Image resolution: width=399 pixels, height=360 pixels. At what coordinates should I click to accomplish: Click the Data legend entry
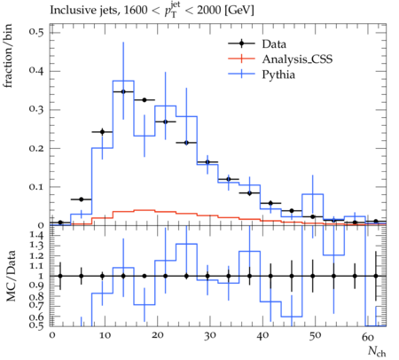click(x=274, y=44)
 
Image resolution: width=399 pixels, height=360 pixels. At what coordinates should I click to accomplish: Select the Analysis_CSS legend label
click(x=297, y=59)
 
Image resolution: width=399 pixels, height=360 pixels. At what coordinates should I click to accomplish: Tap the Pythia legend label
click(x=278, y=74)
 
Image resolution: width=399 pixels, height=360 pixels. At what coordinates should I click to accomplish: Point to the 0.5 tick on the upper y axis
click(x=36, y=31)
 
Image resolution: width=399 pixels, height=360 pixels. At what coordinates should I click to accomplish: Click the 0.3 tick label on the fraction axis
click(x=36, y=109)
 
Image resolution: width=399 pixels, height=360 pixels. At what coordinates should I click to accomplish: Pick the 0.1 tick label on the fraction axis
click(x=36, y=187)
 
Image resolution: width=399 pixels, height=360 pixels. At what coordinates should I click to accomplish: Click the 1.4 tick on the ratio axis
click(x=36, y=235)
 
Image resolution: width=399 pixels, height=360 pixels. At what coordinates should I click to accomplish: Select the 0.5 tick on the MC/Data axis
click(x=36, y=325)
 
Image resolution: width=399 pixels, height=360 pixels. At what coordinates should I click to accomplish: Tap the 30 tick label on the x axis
click(x=210, y=336)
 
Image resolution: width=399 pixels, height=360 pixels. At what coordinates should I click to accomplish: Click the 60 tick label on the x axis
click(x=368, y=336)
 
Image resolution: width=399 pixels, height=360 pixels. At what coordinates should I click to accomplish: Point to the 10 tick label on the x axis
click(x=105, y=336)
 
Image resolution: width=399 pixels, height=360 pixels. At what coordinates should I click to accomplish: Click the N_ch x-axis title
click(x=377, y=351)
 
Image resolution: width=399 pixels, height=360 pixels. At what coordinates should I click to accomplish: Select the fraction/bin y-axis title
click(x=8, y=56)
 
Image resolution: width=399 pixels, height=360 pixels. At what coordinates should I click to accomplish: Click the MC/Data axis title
click(x=11, y=276)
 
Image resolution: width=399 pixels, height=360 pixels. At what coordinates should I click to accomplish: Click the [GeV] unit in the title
click(x=239, y=11)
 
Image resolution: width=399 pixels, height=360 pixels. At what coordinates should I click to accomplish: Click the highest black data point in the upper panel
click(x=123, y=91)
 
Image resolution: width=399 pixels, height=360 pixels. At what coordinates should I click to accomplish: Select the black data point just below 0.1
click(x=250, y=193)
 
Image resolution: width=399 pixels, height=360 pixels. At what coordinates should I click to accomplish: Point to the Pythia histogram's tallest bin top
click(x=123, y=81)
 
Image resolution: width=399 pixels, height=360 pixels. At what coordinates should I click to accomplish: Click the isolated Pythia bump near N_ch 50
click(x=313, y=194)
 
